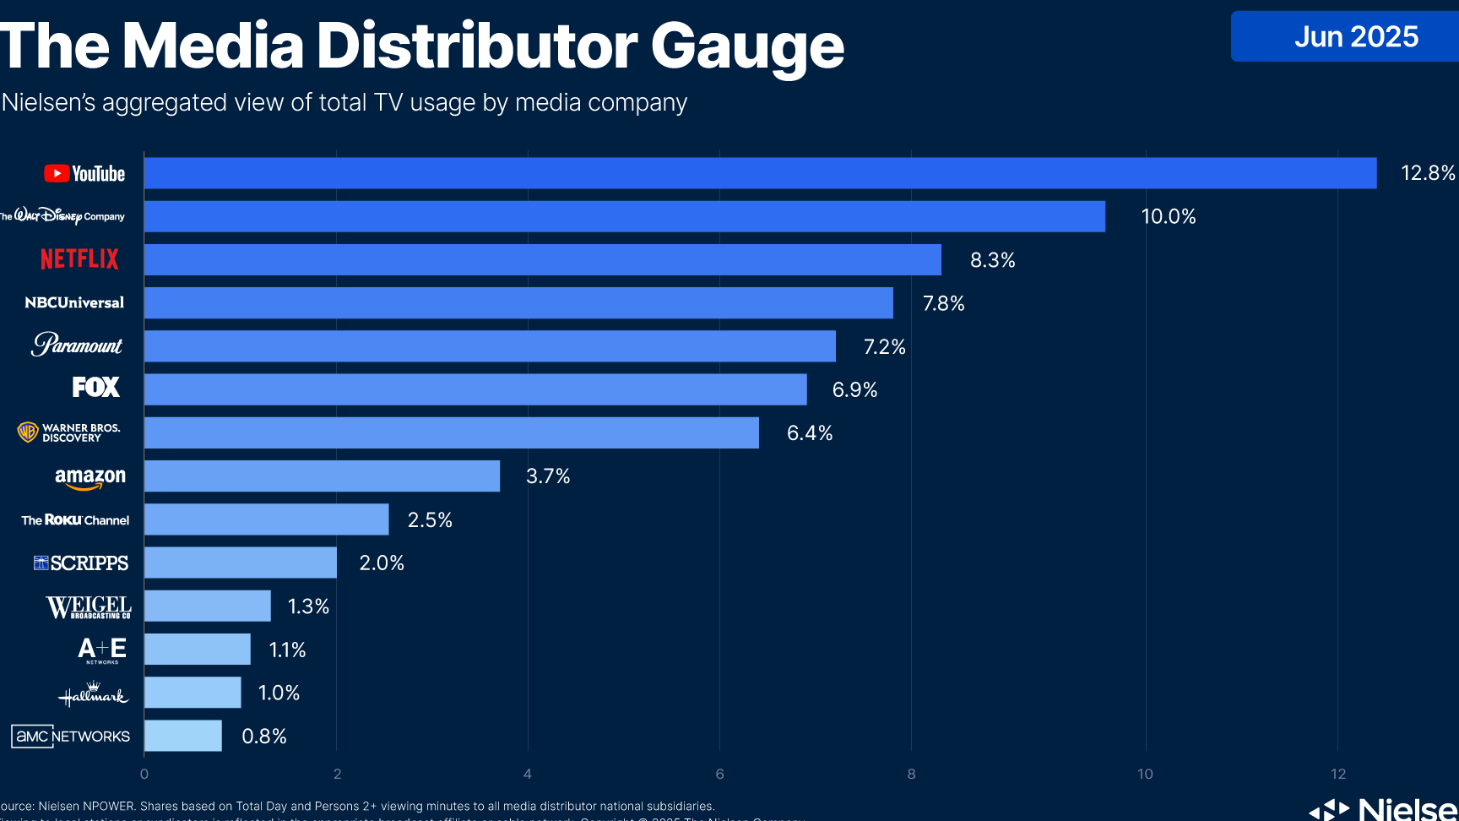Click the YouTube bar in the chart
click(760, 173)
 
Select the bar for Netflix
click(542, 259)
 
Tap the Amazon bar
click(322, 476)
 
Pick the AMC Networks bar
click(183, 736)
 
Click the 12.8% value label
click(1428, 173)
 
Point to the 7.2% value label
click(884, 346)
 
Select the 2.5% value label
click(430, 519)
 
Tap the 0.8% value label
click(264, 737)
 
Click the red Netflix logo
click(80, 259)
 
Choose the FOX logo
click(96, 388)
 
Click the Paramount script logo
click(77, 345)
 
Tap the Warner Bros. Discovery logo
click(69, 432)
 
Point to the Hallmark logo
click(93, 694)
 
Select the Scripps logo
click(81, 563)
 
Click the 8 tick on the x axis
click(911, 774)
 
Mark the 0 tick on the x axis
click(144, 774)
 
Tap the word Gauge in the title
click(747, 46)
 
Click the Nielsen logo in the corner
click(1385, 809)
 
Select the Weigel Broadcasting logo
click(89, 607)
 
